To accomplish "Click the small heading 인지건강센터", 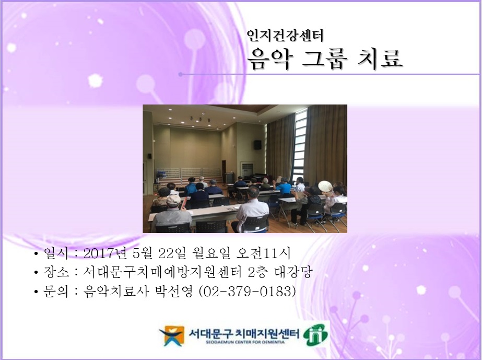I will click(x=286, y=36).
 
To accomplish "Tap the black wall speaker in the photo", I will click(x=257, y=145).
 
